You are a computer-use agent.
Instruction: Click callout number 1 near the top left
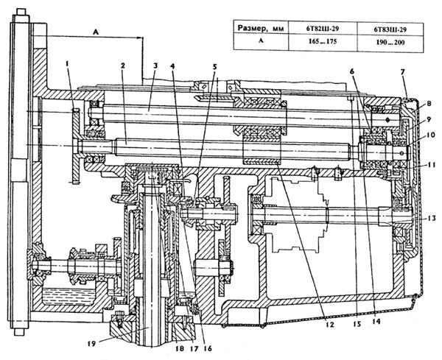[68, 63]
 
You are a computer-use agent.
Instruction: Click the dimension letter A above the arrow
[96, 32]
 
